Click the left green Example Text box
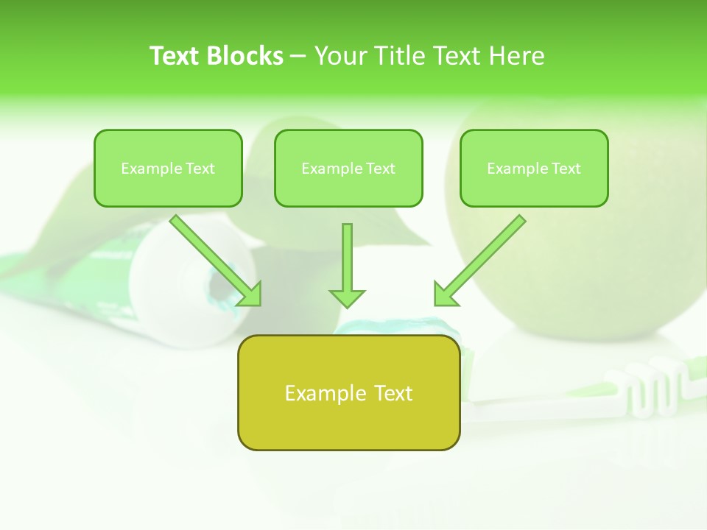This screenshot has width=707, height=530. tap(168, 169)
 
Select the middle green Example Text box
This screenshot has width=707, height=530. tap(348, 169)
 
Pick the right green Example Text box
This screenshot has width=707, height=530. tap(534, 169)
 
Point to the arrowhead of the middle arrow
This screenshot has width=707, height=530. tap(347, 298)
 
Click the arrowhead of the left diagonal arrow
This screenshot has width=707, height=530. tap(250, 294)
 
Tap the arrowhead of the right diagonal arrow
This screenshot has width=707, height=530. tap(445, 294)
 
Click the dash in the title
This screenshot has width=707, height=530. tap(298, 56)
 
